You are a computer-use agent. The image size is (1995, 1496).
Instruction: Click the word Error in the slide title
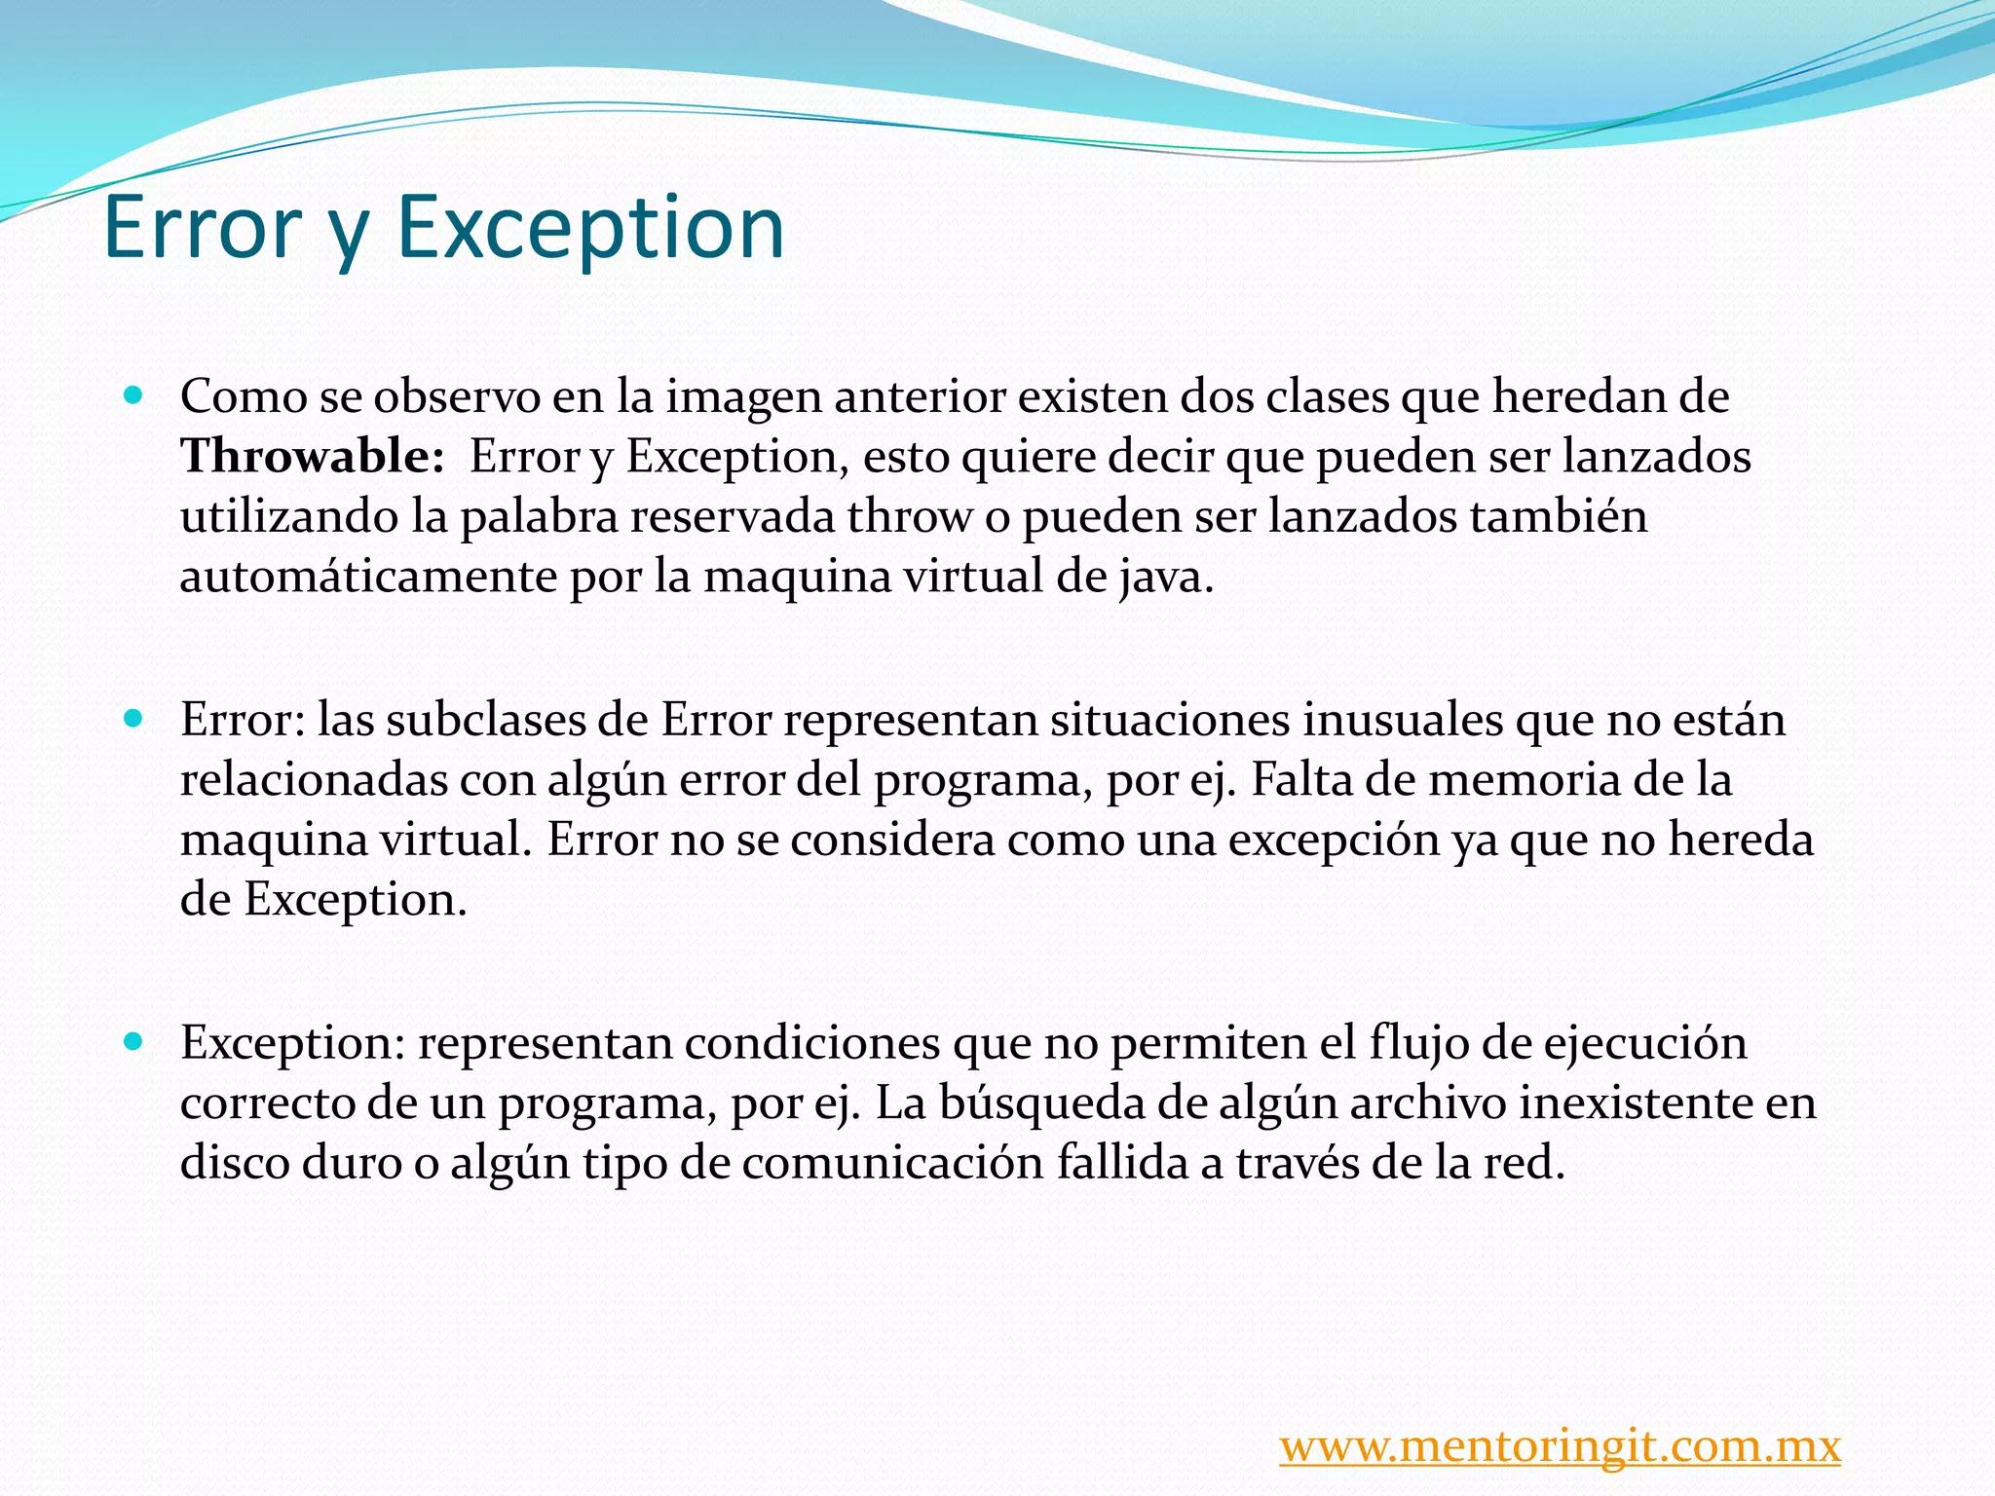(x=202, y=227)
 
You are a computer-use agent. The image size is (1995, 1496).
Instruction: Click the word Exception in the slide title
(x=589, y=229)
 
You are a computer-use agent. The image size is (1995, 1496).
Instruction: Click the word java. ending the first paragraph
(x=1165, y=577)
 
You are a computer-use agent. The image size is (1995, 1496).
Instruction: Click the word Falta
(x=1304, y=780)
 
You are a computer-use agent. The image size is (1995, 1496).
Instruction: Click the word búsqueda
(x=1009, y=1103)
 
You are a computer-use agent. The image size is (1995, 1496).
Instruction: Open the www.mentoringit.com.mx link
(x=1560, y=1445)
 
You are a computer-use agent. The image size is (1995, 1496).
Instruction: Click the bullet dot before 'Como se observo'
(x=134, y=396)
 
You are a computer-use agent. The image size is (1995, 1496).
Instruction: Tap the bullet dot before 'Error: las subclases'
(x=134, y=720)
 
